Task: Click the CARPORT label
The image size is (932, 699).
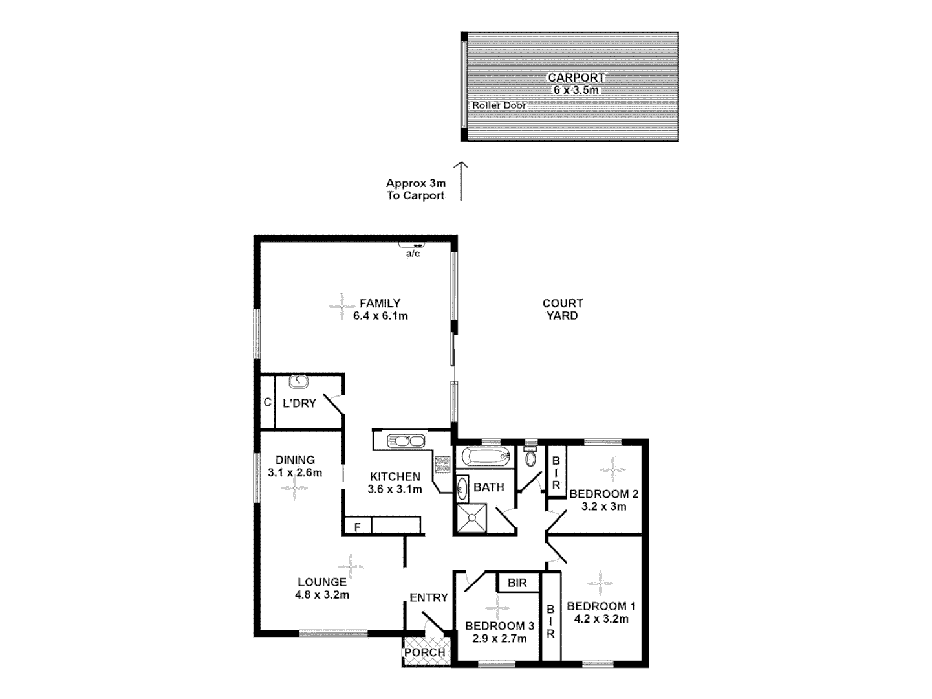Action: tap(576, 78)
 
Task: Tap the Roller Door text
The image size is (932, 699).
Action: tap(499, 105)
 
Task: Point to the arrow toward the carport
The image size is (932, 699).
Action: tap(461, 181)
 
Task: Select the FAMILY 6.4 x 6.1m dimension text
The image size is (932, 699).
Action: tap(380, 316)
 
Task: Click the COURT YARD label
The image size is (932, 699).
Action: tap(562, 309)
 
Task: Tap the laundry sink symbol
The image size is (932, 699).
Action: tap(298, 382)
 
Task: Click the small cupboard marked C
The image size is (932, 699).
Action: tap(267, 403)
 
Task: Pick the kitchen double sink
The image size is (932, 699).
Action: tap(405, 441)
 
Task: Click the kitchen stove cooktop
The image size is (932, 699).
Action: tap(443, 464)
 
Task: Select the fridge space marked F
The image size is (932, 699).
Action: tap(357, 527)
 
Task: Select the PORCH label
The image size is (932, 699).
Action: tap(424, 652)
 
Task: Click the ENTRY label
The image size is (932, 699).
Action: tap(428, 597)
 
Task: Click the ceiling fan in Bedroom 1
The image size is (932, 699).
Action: tap(600, 583)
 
